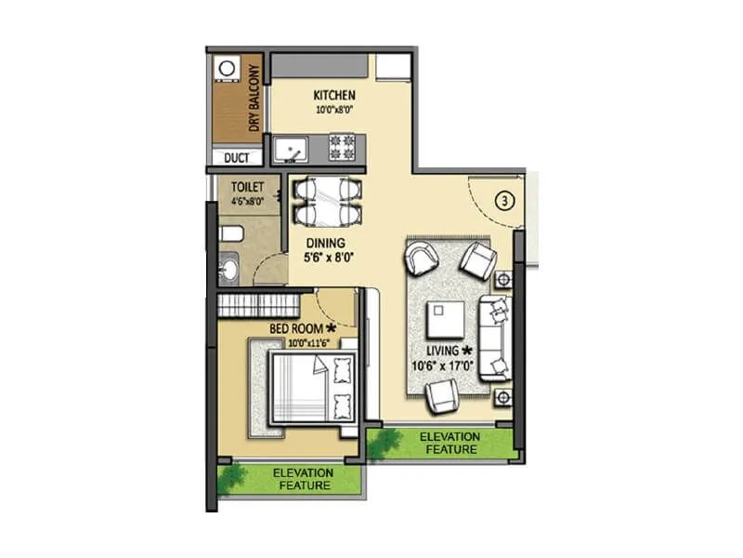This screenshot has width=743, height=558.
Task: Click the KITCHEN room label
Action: pyautogui.click(x=333, y=95)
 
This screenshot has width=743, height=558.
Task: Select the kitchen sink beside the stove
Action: pyautogui.click(x=288, y=148)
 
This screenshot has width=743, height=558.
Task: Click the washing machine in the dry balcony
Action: pyautogui.click(x=227, y=69)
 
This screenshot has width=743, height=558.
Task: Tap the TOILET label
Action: pyautogui.click(x=248, y=186)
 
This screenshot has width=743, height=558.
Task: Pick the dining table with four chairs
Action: pyautogui.click(x=326, y=202)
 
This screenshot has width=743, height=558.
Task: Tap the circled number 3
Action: pyautogui.click(x=502, y=199)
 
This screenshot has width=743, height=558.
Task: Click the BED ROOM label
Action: pyautogui.click(x=296, y=328)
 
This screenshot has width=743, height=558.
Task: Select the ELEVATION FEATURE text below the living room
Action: pyautogui.click(x=450, y=443)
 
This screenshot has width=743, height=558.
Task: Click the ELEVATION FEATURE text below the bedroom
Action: pyautogui.click(x=304, y=479)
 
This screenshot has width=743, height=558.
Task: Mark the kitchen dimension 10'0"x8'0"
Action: pyautogui.click(x=333, y=109)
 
